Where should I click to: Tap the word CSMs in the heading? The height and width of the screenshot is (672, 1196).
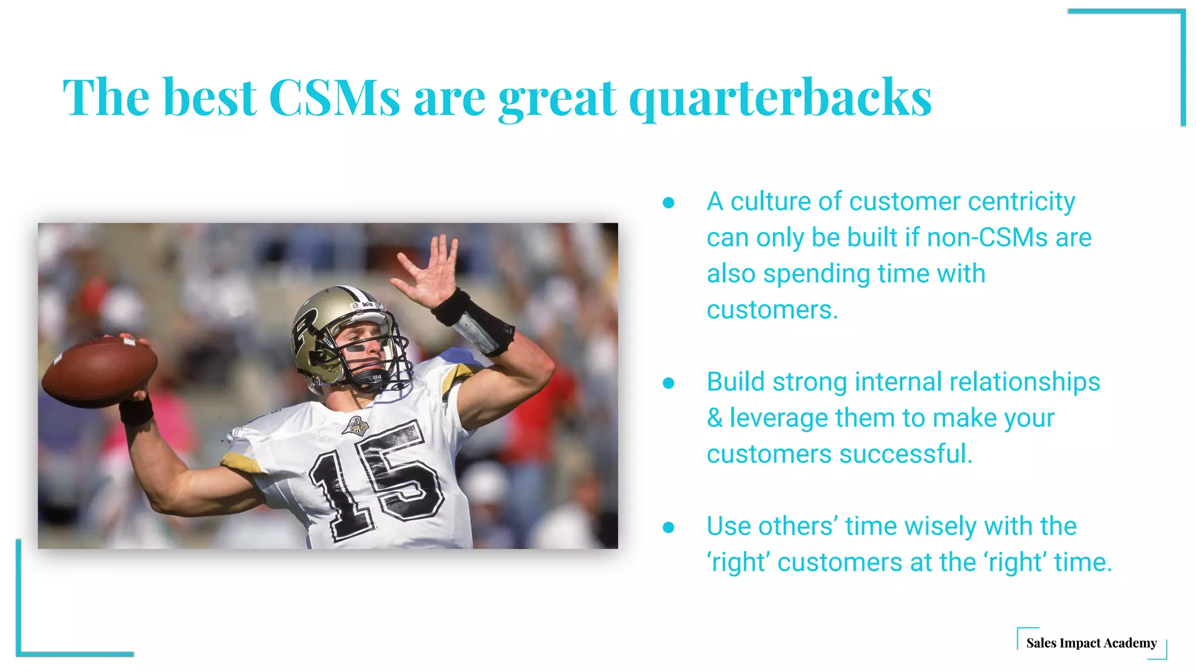tap(334, 98)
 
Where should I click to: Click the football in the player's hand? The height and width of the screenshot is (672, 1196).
tap(98, 372)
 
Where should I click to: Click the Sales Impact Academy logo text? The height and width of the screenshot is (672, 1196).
tap(1091, 643)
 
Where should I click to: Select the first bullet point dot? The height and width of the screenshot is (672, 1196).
tap(669, 202)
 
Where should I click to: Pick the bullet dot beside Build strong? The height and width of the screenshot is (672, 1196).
tap(669, 383)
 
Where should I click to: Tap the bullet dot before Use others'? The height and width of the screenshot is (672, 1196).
tap(669, 527)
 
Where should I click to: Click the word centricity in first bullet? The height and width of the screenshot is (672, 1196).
tap(1021, 202)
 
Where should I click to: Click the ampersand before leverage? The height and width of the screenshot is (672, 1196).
tap(715, 418)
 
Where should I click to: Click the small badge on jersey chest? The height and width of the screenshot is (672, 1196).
tap(355, 427)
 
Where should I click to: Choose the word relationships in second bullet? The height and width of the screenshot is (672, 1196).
tap(1024, 382)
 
